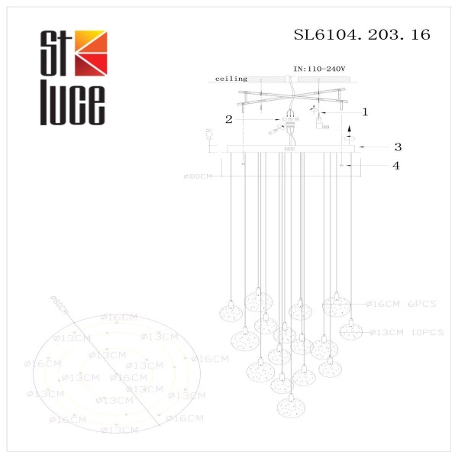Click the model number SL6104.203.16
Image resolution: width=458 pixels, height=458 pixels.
[x=362, y=34]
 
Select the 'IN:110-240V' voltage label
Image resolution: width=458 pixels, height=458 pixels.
[x=319, y=69]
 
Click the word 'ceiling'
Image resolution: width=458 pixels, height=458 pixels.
[x=231, y=79]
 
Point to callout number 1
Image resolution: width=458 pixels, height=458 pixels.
[x=365, y=111]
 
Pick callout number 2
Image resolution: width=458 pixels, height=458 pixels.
[x=228, y=119]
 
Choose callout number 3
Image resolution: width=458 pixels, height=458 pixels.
[x=398, y=147]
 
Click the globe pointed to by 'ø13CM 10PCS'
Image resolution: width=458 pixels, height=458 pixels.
[x=350, y=331]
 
